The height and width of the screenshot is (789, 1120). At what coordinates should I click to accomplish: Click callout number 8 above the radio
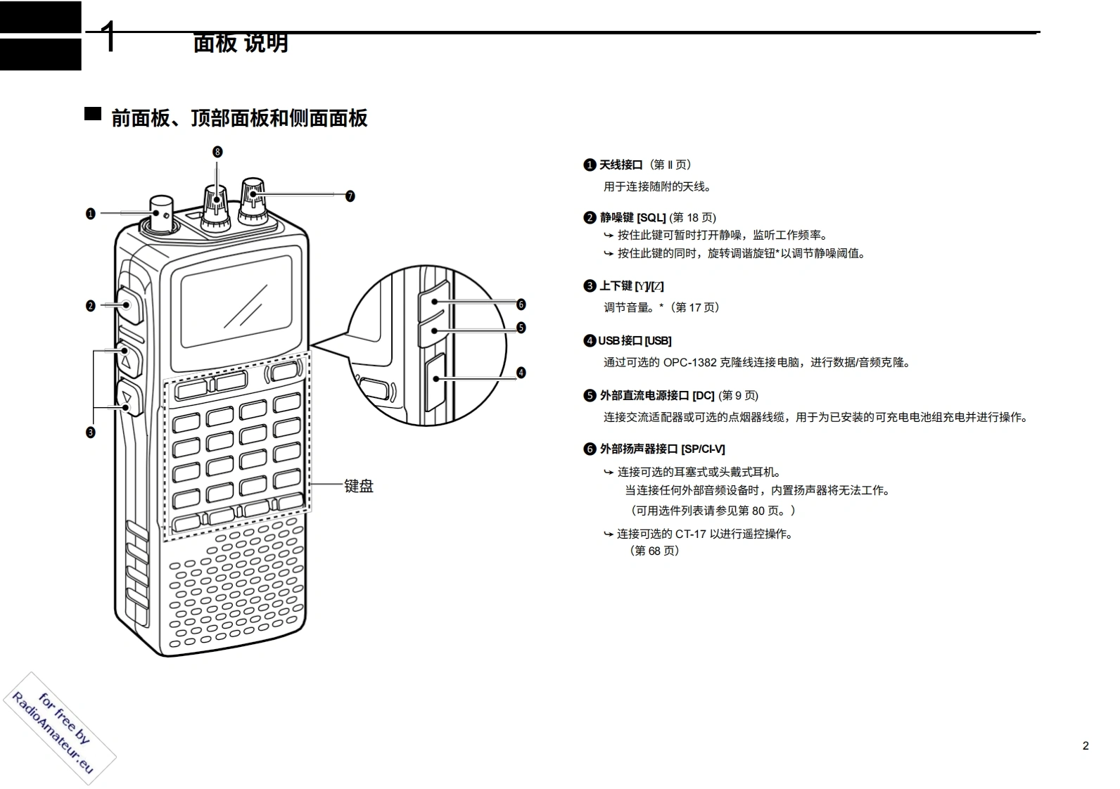[217, 152]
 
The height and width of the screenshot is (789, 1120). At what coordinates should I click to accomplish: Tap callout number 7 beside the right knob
[350, 196]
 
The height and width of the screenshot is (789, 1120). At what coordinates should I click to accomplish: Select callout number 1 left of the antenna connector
[90, 213]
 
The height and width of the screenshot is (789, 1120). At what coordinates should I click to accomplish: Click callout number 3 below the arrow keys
[90, 432]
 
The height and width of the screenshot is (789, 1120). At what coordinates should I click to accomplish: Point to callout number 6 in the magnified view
[521, 304]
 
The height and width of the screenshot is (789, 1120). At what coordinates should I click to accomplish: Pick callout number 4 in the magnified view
[521, 373]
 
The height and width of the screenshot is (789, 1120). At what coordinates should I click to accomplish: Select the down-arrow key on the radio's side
[127, 398]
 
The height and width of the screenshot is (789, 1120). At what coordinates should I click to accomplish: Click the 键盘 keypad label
[359, 486]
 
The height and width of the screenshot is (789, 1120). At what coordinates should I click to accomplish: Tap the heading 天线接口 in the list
[621, 165]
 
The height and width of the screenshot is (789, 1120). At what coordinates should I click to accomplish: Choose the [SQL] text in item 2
[651, 218]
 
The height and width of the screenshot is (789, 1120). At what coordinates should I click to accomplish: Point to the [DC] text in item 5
[703, 396]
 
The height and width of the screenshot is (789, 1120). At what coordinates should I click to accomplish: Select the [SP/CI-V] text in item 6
[703, 449]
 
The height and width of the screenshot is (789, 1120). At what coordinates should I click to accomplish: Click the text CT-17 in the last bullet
[690, 534]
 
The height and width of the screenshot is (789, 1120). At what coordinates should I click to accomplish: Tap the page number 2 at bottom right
[1086, 746]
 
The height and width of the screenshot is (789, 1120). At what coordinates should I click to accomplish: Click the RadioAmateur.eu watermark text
[52, 734]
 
